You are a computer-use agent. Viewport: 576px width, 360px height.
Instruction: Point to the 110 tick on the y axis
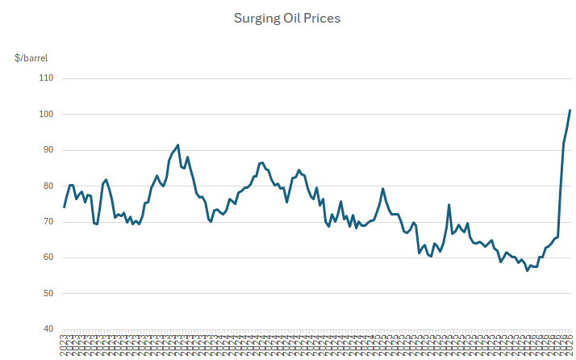tap(45, 78)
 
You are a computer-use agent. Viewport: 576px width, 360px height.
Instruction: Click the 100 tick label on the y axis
tap(45, 115)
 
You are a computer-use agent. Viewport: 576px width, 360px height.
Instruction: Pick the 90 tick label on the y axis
tap(47, 150)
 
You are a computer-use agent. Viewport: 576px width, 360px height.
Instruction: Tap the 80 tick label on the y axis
tap(47, 186)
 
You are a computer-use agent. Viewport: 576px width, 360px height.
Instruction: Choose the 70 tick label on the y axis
tap(47, 222)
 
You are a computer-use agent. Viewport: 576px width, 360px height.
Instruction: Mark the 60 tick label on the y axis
tap(47, 257)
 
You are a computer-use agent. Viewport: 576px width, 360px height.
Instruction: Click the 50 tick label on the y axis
tap(47, 293)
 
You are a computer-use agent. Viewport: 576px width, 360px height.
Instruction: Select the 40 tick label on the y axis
tap(47, 329)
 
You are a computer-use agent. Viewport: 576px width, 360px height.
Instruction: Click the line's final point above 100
tap(570, 110)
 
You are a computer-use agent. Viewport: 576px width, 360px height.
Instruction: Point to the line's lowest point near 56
tap(528, 270)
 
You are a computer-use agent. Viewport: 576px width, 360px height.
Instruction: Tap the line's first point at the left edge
tap(65, 207)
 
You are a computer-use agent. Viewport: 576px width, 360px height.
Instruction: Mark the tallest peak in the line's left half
tap(177, 145)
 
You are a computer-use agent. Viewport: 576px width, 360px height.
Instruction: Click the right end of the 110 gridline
tap(571, 78)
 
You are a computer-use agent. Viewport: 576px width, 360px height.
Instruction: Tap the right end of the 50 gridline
tap(571, 293)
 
